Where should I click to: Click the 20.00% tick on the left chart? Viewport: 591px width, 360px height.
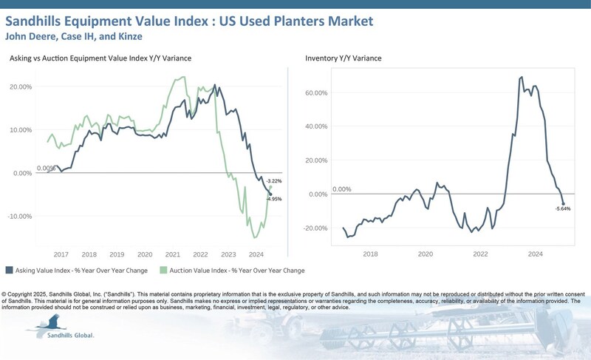[21, 87]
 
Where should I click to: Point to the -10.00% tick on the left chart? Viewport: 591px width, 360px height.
[20, 217]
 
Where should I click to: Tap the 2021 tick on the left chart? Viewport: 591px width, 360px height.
[173, 253]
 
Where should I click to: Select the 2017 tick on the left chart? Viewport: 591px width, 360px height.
[61, 253]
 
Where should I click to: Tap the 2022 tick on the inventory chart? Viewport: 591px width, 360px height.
[480, 253]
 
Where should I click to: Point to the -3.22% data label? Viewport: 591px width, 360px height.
[274, 181]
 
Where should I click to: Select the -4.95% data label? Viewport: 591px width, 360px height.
[274, 199]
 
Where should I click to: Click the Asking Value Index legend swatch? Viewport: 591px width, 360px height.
[9, 270]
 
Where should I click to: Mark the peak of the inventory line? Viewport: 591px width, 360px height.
[522, 77]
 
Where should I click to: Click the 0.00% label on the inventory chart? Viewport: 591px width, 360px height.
[341, 189]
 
